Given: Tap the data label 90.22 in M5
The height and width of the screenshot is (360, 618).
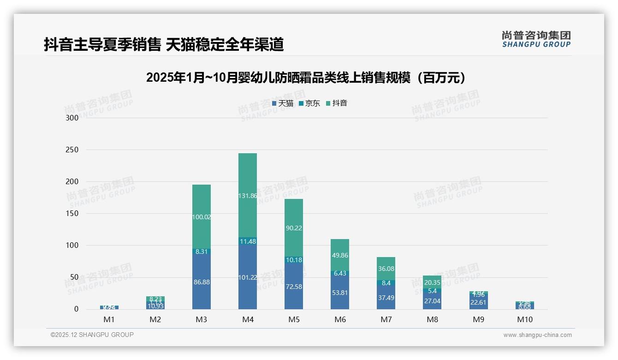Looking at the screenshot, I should [x=294, y=228].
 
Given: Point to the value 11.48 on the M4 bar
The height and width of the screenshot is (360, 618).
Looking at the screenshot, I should [x=248, y=241].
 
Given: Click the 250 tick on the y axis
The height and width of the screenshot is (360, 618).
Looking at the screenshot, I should [x=72, y=150].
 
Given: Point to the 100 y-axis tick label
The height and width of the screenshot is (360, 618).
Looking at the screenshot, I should [x=72, y=246].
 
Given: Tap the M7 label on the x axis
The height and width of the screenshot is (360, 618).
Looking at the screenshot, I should [x=386, y=319].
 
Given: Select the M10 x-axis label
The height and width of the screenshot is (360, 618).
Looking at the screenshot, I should [x=524, y=319].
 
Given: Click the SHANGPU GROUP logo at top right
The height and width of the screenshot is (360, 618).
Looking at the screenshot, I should [x=536, y=39].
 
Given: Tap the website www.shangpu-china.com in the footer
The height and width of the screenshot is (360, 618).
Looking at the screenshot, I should [x=537, y=335].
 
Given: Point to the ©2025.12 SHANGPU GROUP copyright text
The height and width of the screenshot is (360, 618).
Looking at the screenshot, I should [x=92, y=335].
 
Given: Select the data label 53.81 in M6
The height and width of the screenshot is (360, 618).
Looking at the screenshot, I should [x=340, y=293].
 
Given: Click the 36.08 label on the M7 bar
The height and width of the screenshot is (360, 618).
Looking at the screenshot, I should [x=386, y=269].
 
